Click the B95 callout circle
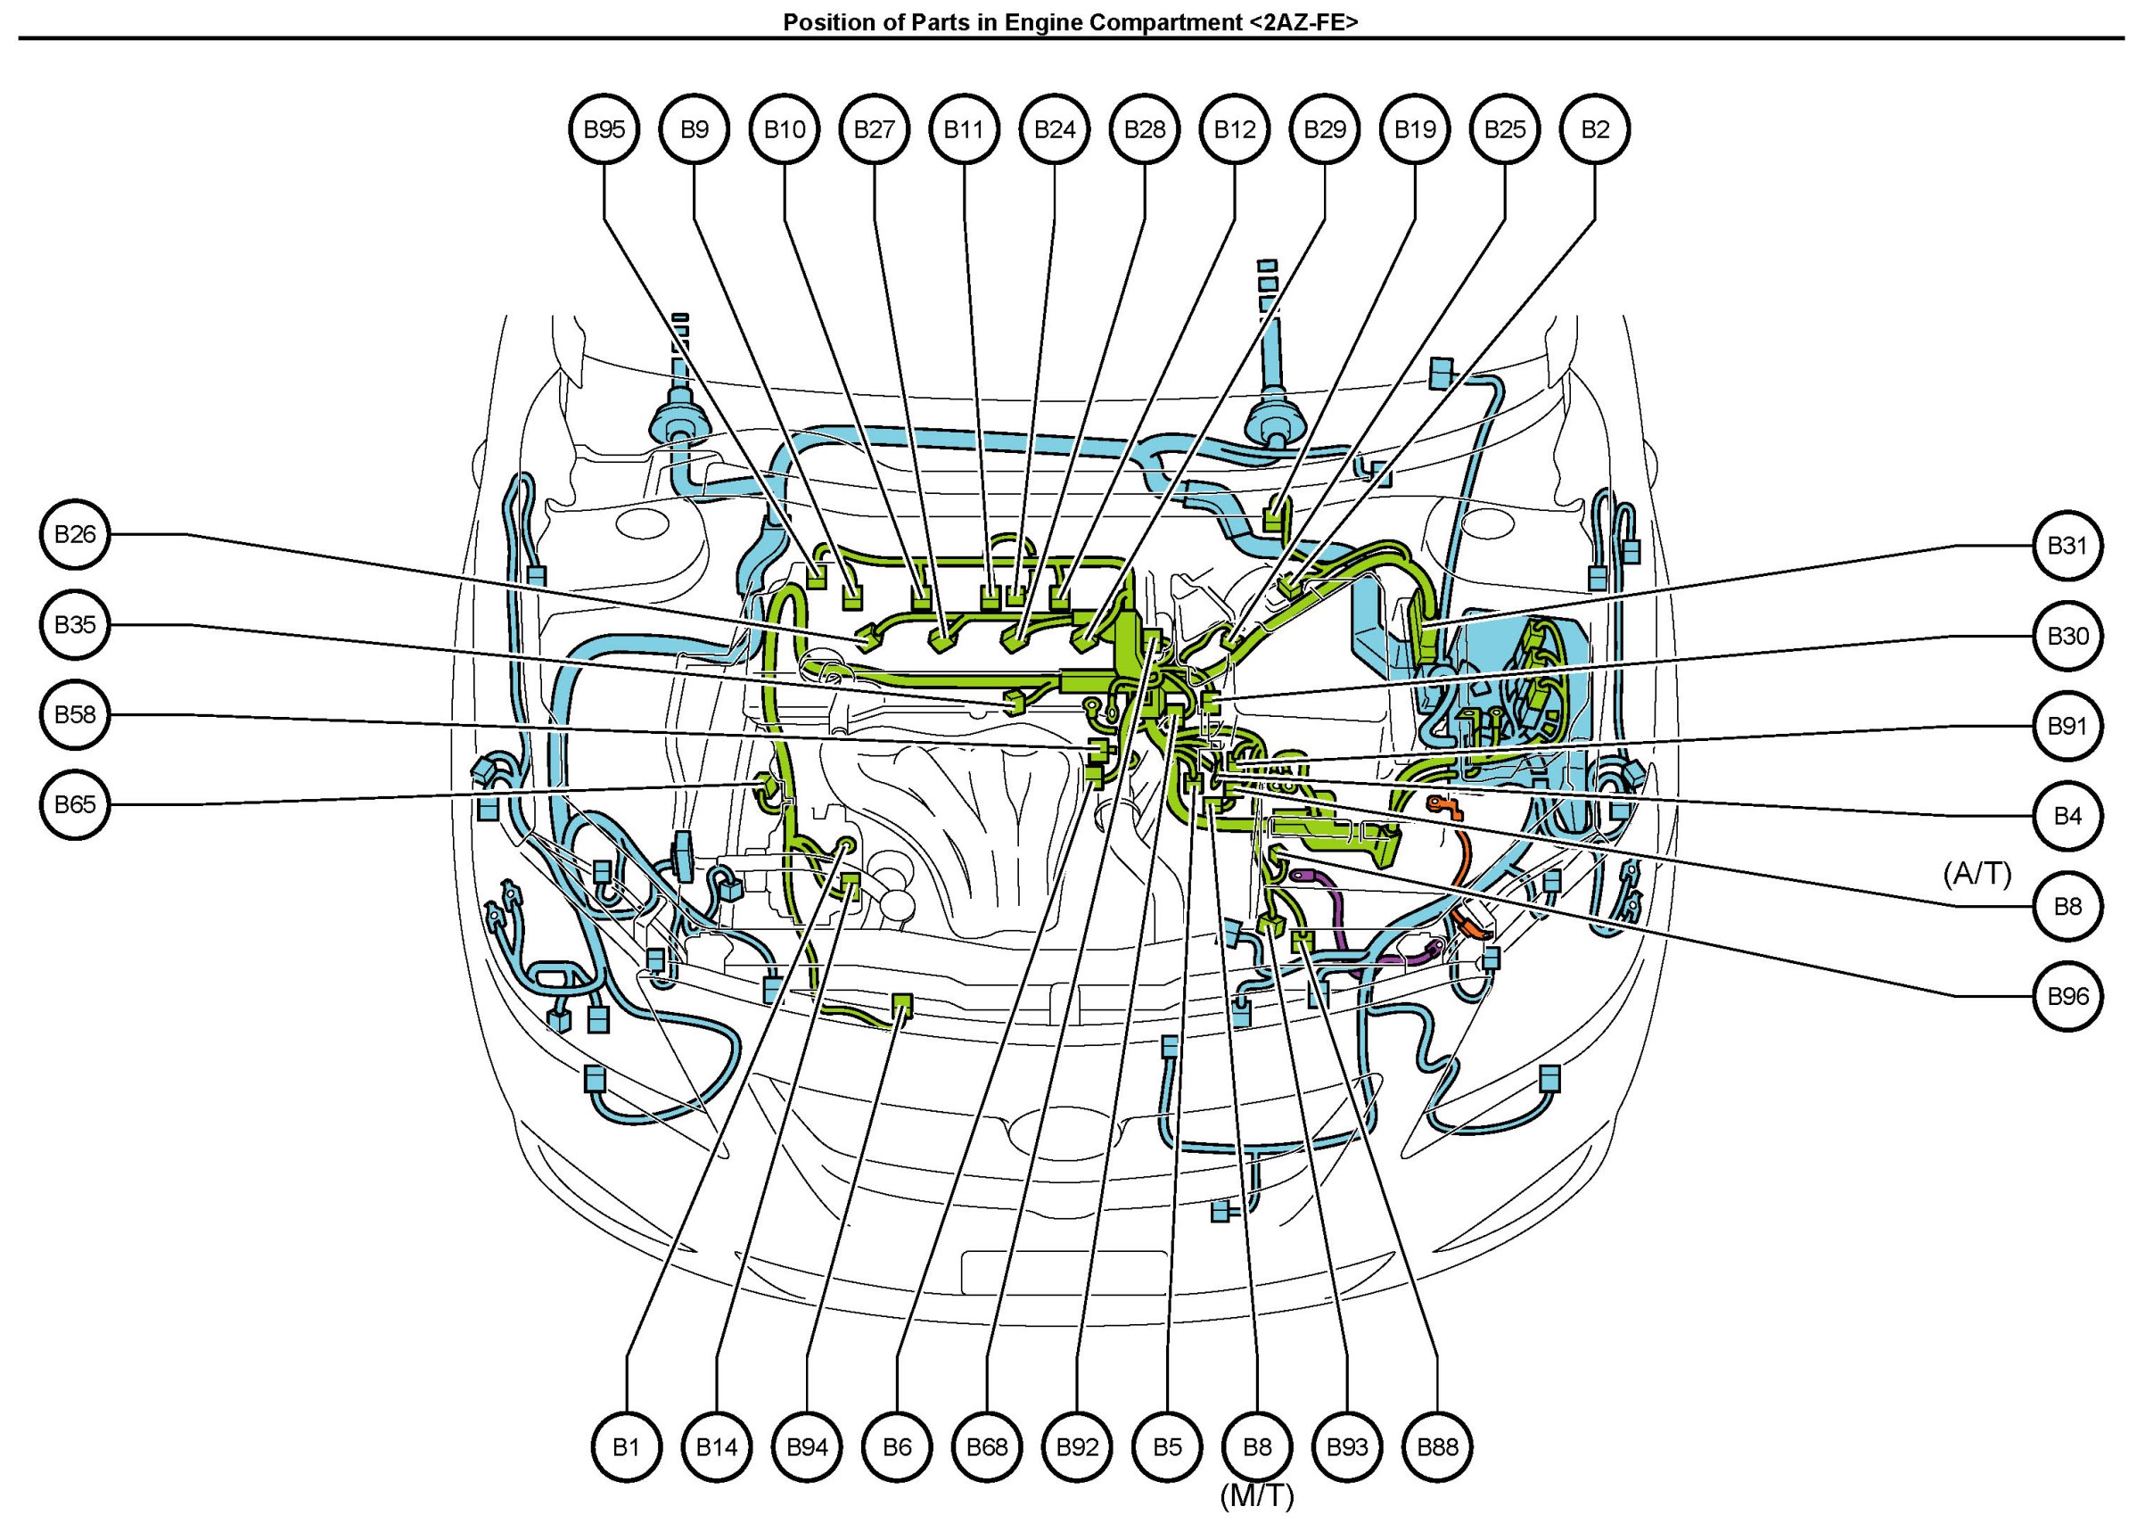pos(604,129)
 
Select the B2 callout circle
pos(1594,129)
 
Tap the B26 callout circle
pos(76,534)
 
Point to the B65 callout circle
pos(76,804)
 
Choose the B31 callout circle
pos(2067,546)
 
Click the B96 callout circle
pos(2067,996)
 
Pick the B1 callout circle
pos(627,1447)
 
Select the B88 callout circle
pos(1436,1447)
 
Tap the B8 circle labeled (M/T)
pos(1256,1447)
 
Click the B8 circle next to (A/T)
pos(2067,906)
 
